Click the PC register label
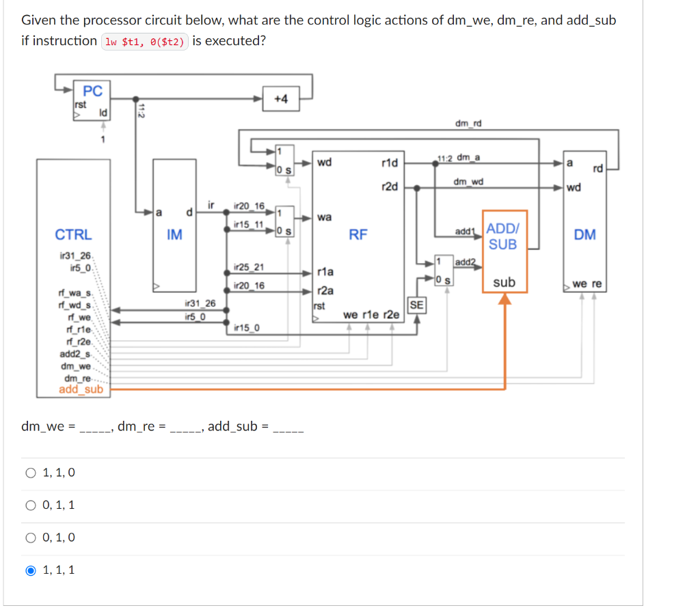coord(92,91)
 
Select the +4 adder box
coord(280,99)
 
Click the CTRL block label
coord(73,234)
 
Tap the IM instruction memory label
coord(174,235)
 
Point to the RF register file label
coord(358,235)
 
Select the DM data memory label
coord(584,235)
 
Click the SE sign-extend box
coord(416,305)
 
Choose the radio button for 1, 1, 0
coord(29,473)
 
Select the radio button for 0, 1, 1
coord(29,505)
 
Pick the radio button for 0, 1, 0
coord(29,538)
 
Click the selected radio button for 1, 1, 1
coord(29,570)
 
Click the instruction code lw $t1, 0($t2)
coord(144,42)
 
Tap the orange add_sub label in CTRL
coord(81,389)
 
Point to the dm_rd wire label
coord(468,123)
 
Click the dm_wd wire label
coord(468,182)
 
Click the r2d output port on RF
coord(389,187)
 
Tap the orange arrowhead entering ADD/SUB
coord(504,299)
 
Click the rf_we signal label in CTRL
coord(79,317)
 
